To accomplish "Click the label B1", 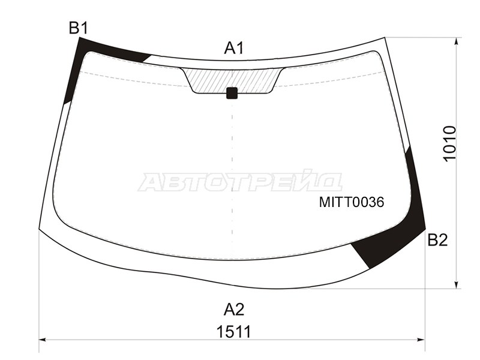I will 79,28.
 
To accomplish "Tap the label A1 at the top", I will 234,49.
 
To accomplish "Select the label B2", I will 437,240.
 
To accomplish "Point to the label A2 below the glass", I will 234,310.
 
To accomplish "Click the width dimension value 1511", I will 234,331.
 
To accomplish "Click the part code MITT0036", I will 351,202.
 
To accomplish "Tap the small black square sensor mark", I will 232,93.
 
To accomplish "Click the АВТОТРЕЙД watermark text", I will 240,181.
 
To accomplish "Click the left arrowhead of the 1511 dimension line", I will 42,340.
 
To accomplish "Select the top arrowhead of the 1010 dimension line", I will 458,41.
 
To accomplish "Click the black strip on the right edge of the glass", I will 415,186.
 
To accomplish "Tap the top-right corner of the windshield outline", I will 385,38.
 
